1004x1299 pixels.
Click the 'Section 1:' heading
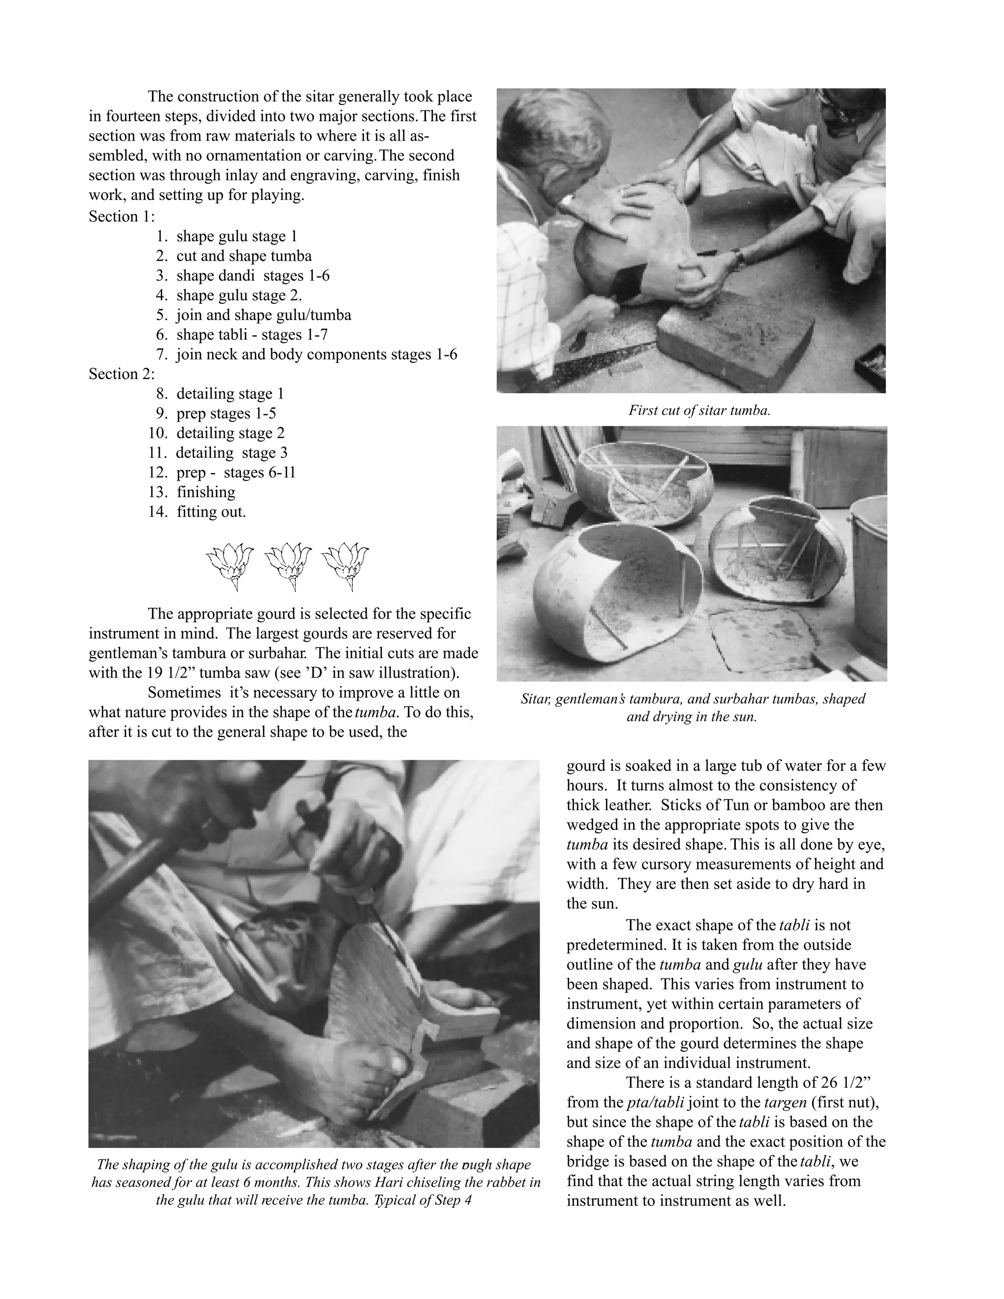coord(122,217)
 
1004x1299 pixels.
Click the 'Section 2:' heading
coord(122,374)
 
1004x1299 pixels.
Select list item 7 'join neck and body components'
coord(316,354)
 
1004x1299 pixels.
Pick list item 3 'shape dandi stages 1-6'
coord(252,275)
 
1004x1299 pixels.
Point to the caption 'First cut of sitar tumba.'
coord(699,410)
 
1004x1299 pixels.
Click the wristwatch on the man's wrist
coord(738,257)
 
